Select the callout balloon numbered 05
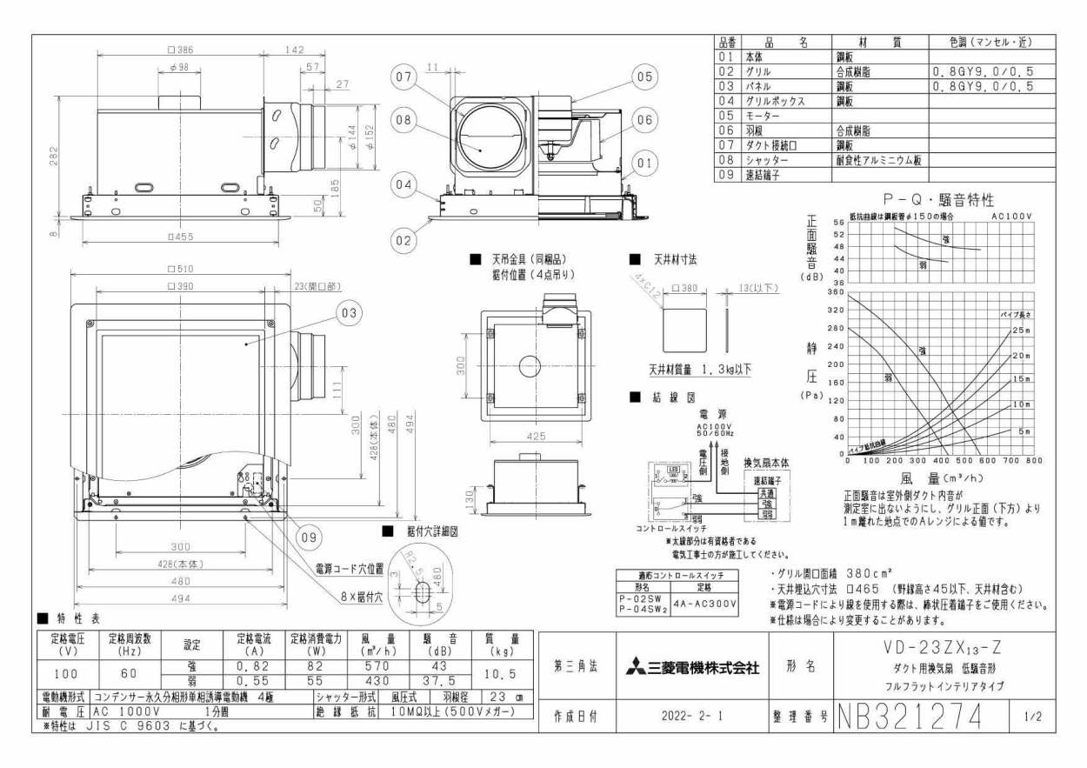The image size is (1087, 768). [x=643, y=77]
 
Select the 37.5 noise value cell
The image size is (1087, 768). [x=440, y=681]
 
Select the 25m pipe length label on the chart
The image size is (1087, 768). [x=1021, y=331]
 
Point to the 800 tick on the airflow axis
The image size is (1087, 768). [x=1033, y=461]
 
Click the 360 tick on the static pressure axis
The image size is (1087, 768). [x=836, y=292]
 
